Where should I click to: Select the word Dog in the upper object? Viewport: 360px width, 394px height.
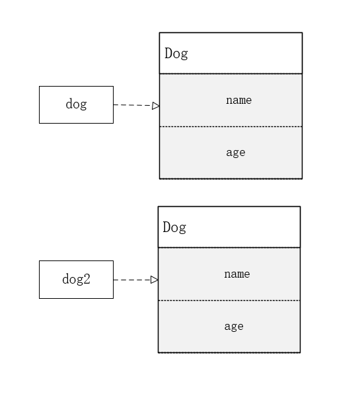[x=176, y=54]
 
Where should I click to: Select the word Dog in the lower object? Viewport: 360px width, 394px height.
[x=174, y=227]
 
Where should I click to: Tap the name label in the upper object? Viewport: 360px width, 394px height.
[x=238, y=100]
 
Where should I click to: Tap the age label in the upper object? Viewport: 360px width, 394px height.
[x=236, y=153]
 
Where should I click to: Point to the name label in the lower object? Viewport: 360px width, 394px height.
[x=237, y=274]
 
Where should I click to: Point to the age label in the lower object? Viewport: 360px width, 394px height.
[x=234, y=327]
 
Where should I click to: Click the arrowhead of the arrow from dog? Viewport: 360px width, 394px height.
[x=156, y=106]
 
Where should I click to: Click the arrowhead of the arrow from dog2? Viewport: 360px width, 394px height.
[x=155, y=280]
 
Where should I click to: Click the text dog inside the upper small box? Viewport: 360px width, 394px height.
[x=77, y=104]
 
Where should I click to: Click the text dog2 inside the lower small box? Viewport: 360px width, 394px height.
[x=77, y=279]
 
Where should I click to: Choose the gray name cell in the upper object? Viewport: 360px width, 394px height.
[x=231, y=100]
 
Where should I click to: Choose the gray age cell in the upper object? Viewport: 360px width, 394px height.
[x=231, y=153]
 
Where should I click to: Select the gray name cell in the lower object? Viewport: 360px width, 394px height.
[x=229, y=274]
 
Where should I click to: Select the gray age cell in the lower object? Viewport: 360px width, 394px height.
[x=229, y=327]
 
